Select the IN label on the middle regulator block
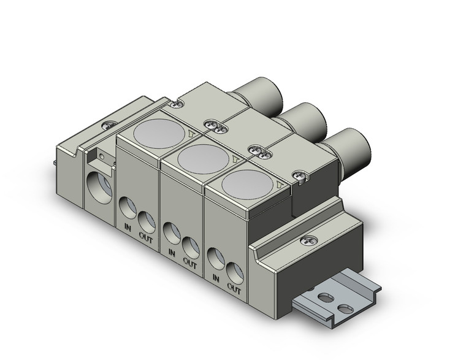click(x=171, y=252)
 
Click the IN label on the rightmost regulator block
click(x=215, y=277)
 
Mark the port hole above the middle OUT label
click(x=191, y=246)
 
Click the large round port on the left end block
click(x=99, y=183)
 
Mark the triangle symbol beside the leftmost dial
click(x=193, y=131)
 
